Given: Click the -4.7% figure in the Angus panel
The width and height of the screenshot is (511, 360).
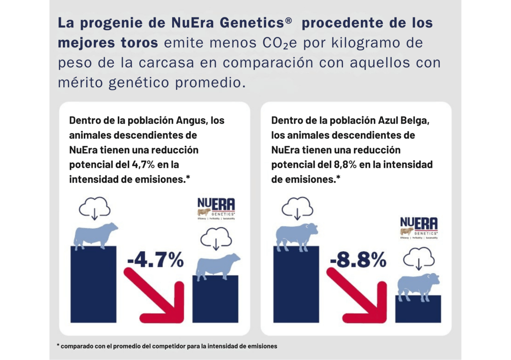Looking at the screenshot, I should (x=155, y=260).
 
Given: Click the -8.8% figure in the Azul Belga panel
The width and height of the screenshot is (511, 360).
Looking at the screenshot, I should (x=358, y=259).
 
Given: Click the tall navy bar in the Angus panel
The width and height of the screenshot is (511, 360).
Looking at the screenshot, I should (x=93, y=285).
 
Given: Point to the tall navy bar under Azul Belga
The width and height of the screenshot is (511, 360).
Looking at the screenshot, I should (x=296, y=285).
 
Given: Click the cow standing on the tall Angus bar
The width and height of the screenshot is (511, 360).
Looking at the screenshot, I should (x=95, y=235).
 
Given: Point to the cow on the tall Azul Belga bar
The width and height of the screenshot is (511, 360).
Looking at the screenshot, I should (x=297, y=235).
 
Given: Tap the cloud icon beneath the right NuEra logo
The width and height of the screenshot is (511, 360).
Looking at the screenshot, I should (x=418, y=260).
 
